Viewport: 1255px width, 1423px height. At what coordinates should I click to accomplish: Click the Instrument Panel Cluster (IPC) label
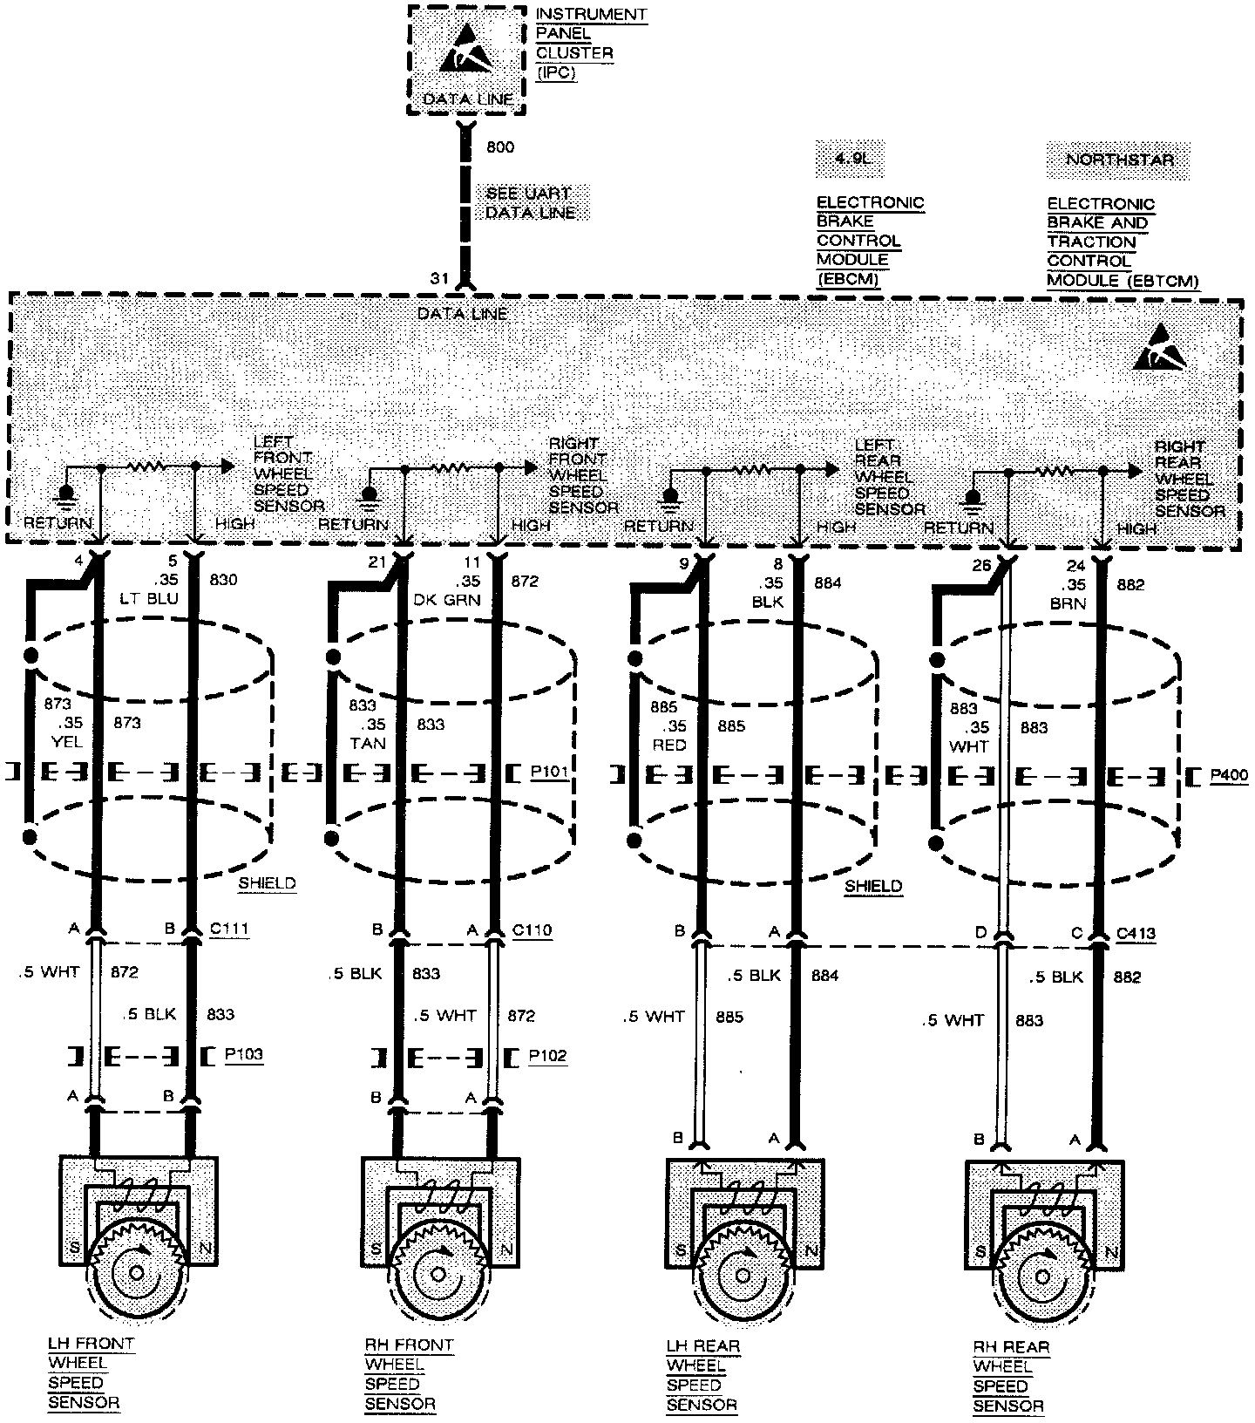(x=591, y=43)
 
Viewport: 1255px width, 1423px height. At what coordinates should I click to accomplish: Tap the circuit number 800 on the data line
(x=499, y=147)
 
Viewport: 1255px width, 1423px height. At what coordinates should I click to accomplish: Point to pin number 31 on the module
(x=438, y=278)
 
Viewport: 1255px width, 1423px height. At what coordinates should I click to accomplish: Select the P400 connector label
(x=1229, y=774)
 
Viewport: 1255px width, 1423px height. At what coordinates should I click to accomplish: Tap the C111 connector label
(x=229, y=929)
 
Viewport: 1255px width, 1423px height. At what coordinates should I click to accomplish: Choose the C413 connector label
(x=1136, y=933)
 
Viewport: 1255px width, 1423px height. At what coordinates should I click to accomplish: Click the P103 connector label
(x=243, y=1054)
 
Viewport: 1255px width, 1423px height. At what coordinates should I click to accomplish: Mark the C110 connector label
(x=532, y=929)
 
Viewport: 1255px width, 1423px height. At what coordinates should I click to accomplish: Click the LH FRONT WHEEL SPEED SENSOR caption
(x=91, y=1373)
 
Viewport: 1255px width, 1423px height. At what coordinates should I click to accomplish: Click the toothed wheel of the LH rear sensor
(x=743, y=1274)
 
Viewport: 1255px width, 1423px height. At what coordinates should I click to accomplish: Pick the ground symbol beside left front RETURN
(x=65, y=495)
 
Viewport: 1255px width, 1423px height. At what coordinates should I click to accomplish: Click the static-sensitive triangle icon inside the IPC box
(x=466, y=55)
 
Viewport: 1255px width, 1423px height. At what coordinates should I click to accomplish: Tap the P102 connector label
(x=547, y=1056)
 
